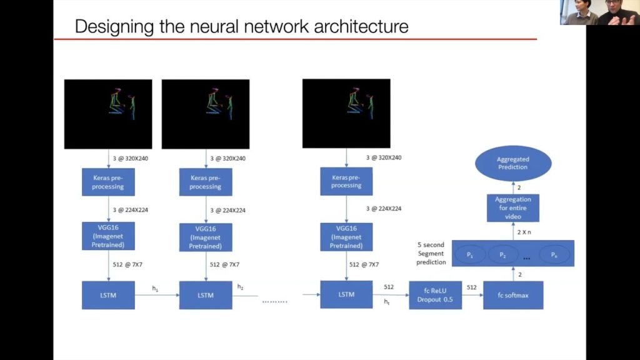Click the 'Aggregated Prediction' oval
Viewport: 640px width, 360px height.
tap(512, 164)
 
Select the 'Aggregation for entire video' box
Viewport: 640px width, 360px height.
tap(512, 207)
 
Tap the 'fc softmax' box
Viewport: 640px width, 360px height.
tap(513, 295)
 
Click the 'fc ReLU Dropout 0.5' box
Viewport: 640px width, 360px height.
tap(435, 295)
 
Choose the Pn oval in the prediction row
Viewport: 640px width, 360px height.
tap(554, 254)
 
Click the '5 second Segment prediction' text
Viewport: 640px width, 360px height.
tap(431, 253)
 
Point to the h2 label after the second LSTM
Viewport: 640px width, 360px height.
tap(241, 287)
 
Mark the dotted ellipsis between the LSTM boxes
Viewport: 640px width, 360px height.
tap(274, 301)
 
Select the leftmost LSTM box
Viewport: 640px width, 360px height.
tap(108, 295)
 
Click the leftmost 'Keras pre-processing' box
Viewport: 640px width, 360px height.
tap(108, 182)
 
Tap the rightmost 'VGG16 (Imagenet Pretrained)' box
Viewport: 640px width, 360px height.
tap(346, 237)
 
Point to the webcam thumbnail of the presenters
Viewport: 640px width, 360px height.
tap(599, 12)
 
